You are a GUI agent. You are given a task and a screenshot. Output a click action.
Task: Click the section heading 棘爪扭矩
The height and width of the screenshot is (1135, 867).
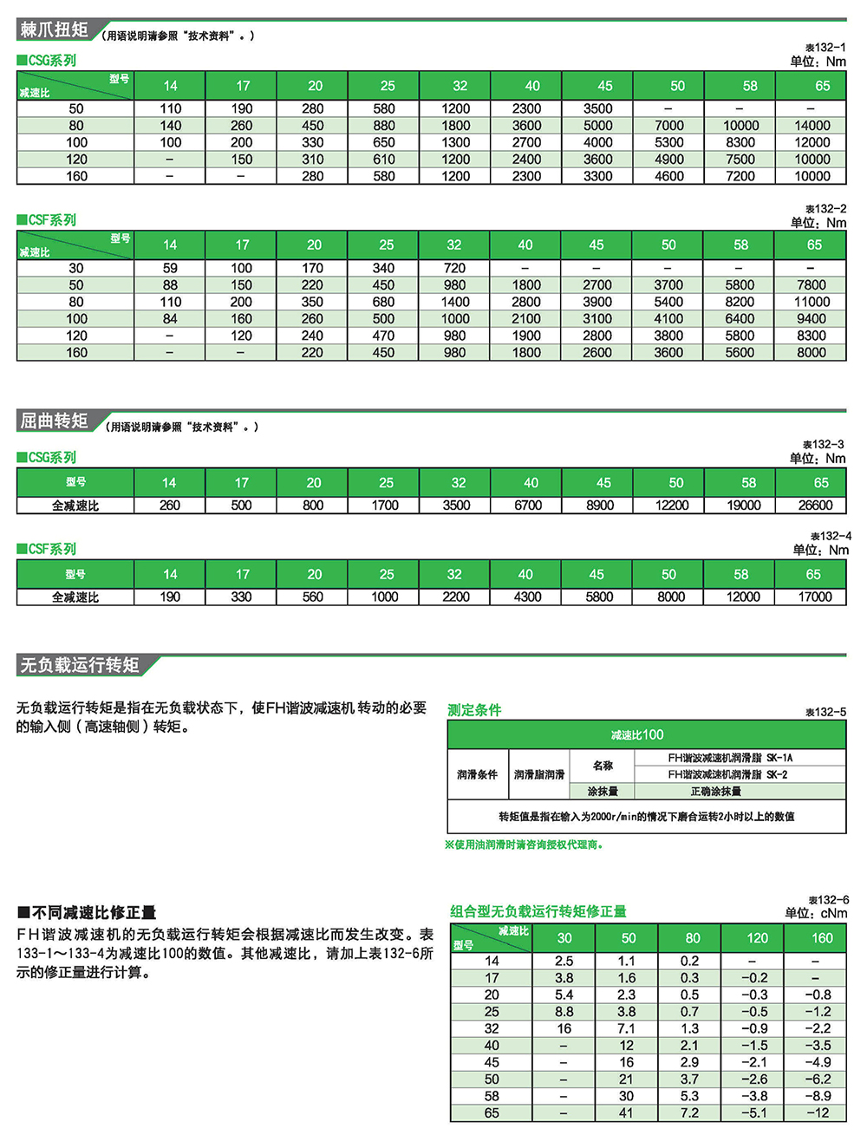click(x=55, y=29)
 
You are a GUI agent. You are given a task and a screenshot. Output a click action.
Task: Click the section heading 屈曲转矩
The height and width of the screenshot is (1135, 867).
click(x=55, y=421)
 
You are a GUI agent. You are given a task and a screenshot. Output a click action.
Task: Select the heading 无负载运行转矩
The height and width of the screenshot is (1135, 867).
click(x=80, y=665)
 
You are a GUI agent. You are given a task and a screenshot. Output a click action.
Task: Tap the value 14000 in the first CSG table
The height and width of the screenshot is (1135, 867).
click(x=812, y=126)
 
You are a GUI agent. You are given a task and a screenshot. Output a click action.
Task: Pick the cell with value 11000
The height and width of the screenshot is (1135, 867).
click(x=812, y=302)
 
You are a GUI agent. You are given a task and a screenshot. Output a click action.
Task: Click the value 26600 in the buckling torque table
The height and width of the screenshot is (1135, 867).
click(x=815, y=506)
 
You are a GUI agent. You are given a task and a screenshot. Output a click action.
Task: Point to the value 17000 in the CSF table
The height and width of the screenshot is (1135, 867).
click(x=815, y=597)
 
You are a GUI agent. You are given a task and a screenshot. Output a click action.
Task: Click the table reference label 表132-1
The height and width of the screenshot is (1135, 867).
click(x=825, y=48)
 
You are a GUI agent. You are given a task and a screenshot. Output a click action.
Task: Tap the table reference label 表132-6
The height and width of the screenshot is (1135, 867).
click(x=828, y=900)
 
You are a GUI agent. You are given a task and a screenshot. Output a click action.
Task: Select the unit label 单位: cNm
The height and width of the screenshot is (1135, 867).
click(x=816, y=913)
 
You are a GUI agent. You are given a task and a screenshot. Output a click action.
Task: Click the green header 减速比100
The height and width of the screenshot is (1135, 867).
click(x=637, y=735)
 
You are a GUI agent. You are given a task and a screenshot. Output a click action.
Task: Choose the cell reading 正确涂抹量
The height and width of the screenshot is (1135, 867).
click(x=715, y=792)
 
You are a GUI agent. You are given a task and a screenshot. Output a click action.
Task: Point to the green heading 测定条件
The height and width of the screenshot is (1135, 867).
click(x=474, y=710)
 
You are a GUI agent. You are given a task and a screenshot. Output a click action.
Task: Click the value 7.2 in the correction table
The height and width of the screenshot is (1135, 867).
click(x=689, y=1113)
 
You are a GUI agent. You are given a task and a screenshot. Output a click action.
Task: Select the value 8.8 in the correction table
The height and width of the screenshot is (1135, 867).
click(x=564, y=1012)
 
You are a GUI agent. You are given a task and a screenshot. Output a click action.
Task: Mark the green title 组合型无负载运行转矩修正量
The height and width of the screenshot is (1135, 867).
click(x=538, y=911)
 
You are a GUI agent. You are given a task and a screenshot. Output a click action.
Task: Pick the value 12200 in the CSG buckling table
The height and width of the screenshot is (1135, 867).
click(x=672, y=506)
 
